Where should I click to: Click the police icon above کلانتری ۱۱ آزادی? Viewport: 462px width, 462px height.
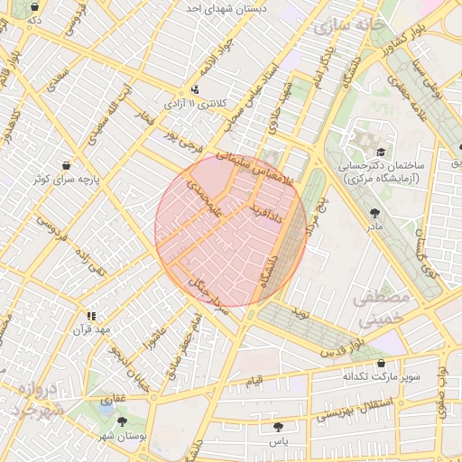point(196,89)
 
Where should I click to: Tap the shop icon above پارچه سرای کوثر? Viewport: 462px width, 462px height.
point(67,166)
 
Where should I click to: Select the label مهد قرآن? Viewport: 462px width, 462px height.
point(90,329)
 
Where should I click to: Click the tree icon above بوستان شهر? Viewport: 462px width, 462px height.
point(122,421)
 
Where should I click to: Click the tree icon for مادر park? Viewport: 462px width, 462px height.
point(374,213)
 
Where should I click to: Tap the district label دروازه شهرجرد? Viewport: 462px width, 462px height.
point(35,400)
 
